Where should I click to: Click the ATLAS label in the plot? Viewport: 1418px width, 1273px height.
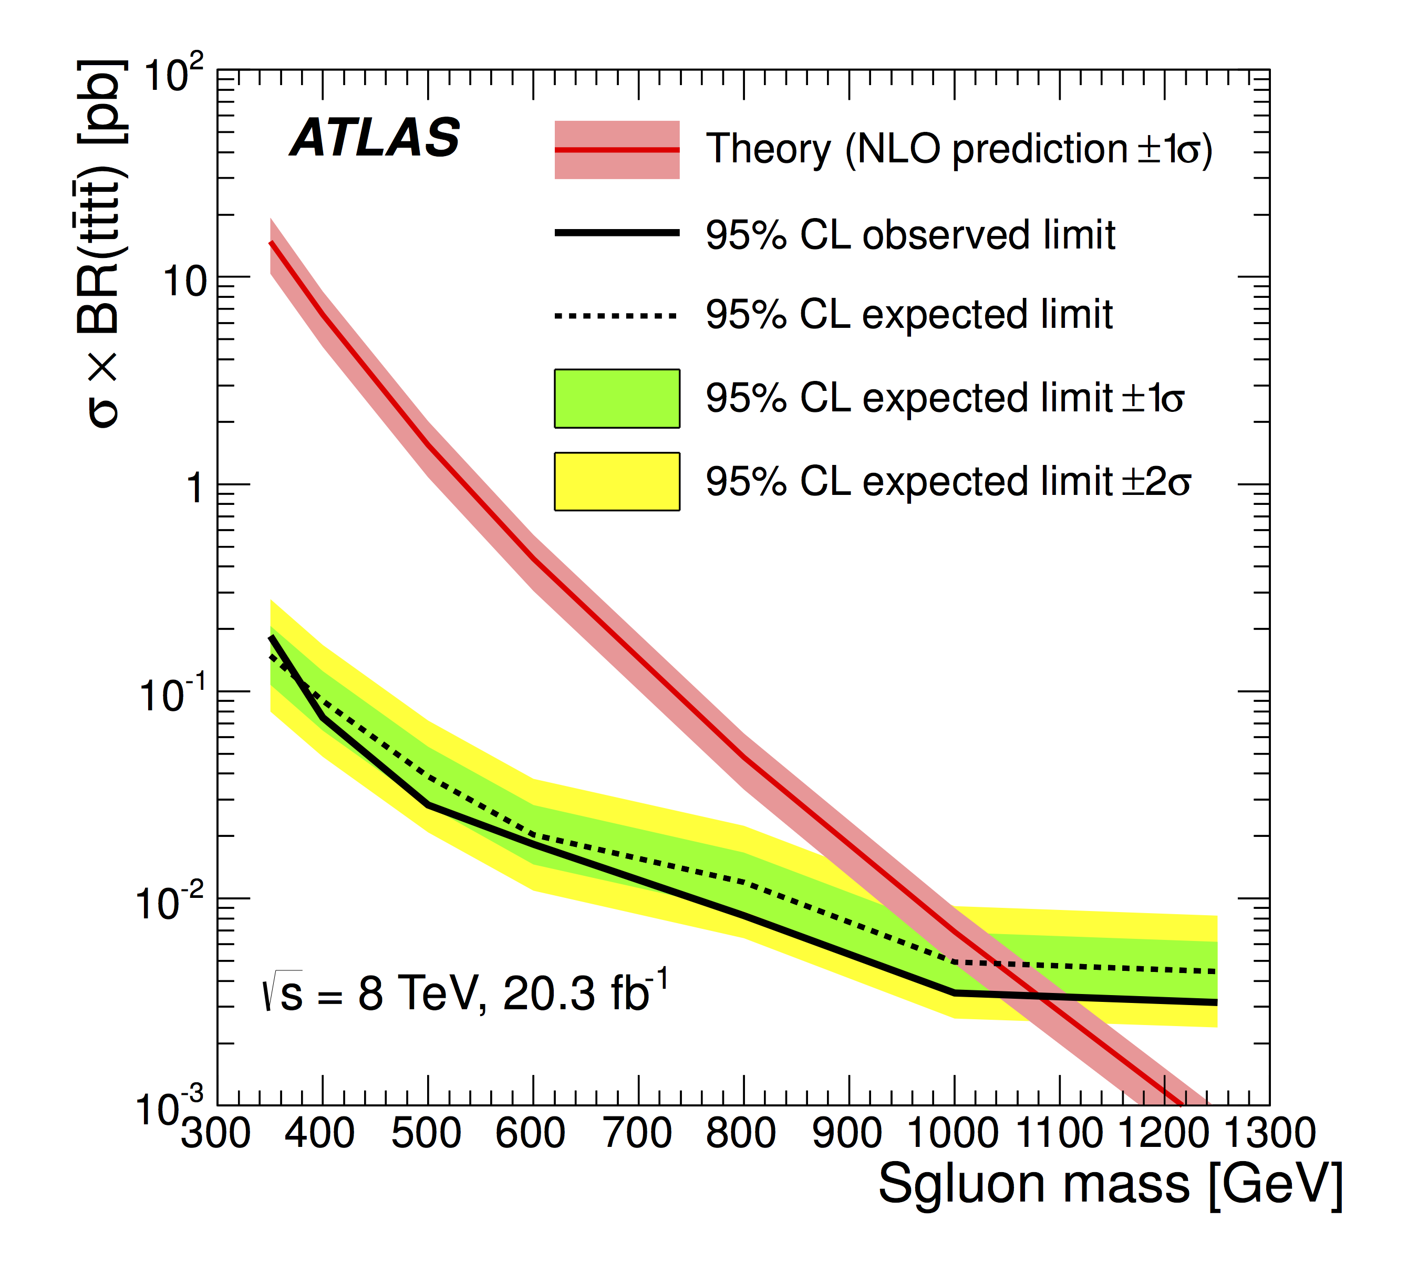(375, 137)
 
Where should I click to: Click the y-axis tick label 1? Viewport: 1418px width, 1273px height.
(194, 488)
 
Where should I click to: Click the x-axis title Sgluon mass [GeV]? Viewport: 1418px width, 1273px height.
(1110, 1184)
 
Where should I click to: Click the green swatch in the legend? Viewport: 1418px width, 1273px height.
(617, 399)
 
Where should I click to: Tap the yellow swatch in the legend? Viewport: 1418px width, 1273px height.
(617, 482)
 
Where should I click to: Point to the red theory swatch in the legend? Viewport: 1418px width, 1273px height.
(617, 150)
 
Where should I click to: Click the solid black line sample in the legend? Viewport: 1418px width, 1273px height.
(617, 233)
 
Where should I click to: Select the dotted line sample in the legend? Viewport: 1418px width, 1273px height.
(617, 315)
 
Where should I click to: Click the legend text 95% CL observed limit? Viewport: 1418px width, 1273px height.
(909, 235)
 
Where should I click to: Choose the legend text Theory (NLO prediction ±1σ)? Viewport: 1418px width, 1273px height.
(958, 149)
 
